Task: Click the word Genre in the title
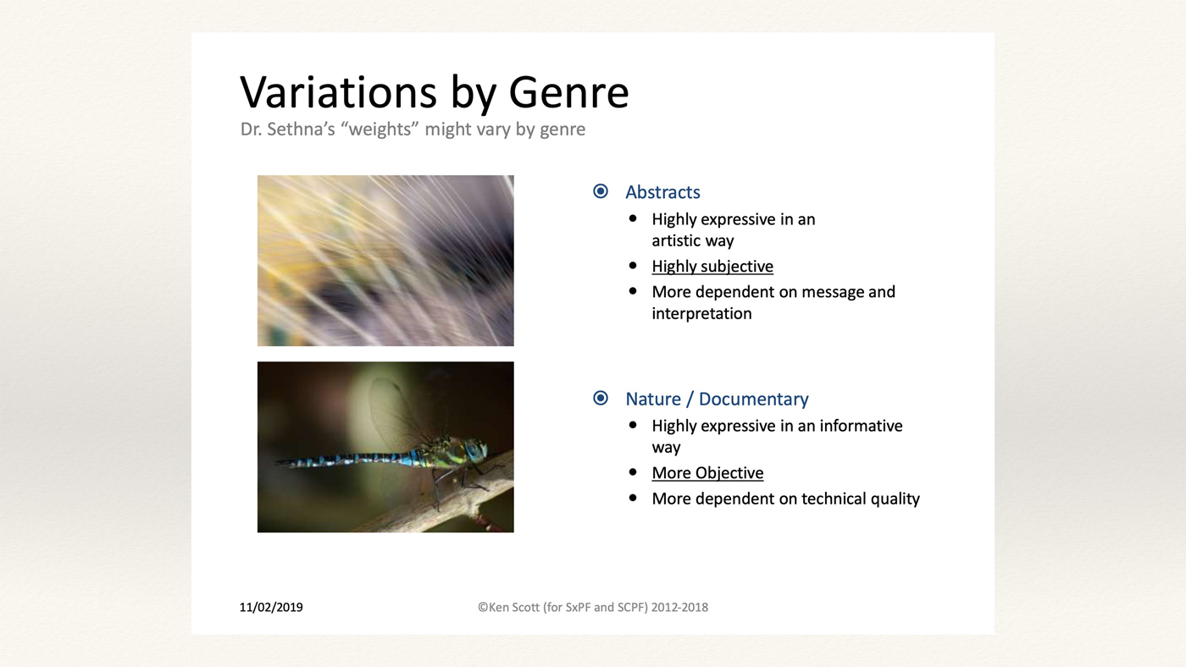tap(568, 92)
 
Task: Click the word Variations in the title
tap(338, 92)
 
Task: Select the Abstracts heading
tap(662, 192)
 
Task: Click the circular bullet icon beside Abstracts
tap(601, 191)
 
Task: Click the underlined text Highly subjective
tap(712, 266)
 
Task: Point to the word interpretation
tap(701, 314)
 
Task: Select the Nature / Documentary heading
tap(717, 399)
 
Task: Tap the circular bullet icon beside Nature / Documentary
tap(601, 398)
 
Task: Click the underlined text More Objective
tap(707, 473)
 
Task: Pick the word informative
tap(861, 426)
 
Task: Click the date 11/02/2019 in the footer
tap(271, 607)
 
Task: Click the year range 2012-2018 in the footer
tap(679, 607)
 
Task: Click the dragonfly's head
tap(474, 450)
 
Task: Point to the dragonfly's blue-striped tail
tap(344, 460)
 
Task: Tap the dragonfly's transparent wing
tap(396, 412)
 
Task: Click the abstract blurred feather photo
tap(385, 261)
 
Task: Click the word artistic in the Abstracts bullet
tap(676, 241)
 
